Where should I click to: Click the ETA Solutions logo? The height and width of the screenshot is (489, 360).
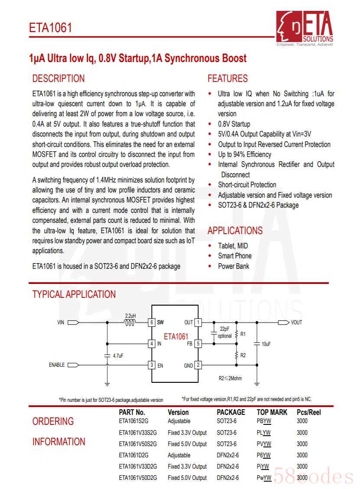coord(305,27)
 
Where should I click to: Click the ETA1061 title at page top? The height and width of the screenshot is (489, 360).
coord(50,28)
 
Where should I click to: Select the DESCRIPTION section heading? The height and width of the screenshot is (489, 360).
coord(59,78)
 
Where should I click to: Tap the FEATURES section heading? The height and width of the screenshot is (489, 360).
coord(228,78)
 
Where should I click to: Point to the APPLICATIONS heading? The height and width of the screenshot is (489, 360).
coord(235,231)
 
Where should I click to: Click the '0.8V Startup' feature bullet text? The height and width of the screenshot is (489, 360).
coord(234,124)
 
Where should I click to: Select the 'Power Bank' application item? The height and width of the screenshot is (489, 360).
coord(233,266)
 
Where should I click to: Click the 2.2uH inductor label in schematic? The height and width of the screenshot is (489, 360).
coord(130,316)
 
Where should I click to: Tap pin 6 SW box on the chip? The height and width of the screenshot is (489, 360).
coord(152,323)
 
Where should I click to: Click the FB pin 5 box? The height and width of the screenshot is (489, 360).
coord(198,344)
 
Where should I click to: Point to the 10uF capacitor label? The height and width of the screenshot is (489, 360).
coord(266,344)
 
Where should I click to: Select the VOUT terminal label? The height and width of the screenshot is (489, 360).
coord(296,323)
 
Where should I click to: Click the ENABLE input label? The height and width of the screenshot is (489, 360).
coord(56,365)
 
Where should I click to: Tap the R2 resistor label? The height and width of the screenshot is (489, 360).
coord(243,355)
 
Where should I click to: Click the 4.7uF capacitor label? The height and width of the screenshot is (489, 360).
coord(118,355)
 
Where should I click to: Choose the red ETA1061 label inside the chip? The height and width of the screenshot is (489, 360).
coord(176,336)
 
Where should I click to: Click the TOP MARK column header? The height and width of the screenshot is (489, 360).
coord(272,412)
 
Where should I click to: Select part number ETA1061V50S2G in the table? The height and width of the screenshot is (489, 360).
coord(137,444)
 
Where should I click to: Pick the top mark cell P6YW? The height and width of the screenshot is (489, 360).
coord(263,455)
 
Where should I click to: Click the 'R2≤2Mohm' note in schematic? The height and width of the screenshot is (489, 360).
coord(230,378)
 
